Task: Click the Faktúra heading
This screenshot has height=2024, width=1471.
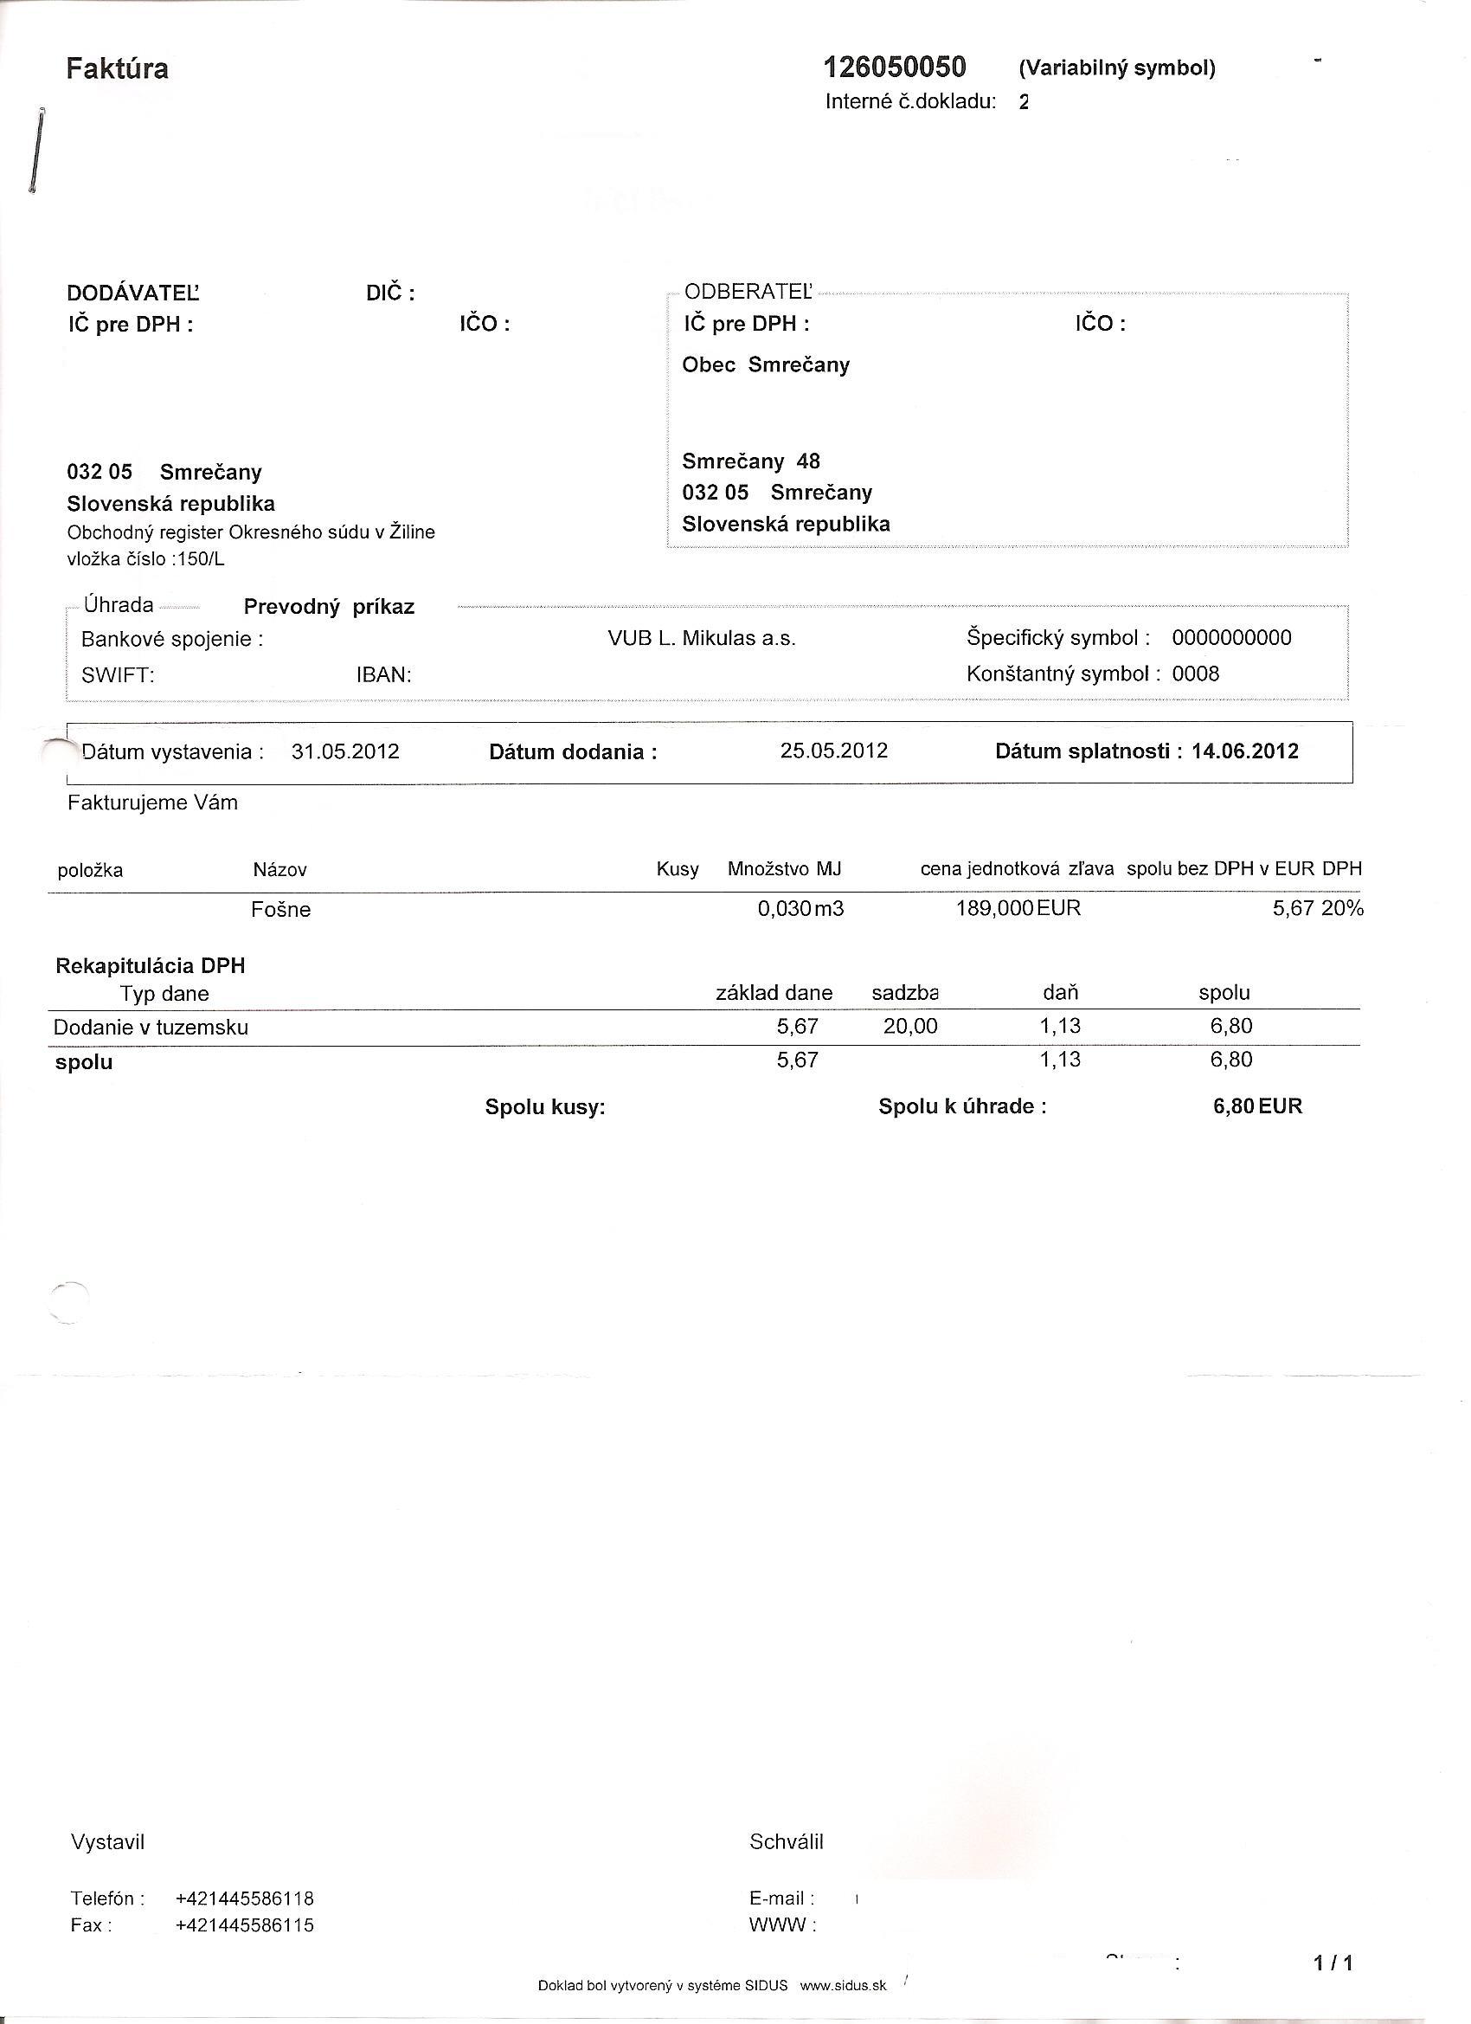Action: coord(117,68)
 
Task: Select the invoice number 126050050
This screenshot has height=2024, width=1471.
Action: coord(894,67)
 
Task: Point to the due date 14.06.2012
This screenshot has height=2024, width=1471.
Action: coord(1244,751)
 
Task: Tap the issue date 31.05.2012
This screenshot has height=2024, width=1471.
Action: coord(345,751)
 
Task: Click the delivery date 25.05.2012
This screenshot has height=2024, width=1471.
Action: coord(834,751)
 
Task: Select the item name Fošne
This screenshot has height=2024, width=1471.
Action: coord(281,909)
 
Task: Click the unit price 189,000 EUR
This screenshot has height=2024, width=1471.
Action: coord(1018,908)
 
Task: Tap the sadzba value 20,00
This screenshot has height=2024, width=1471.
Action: coord(910,1026)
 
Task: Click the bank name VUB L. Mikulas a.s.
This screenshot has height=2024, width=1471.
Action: coord(701,639)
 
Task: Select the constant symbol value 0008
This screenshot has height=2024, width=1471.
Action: coord(1195,674)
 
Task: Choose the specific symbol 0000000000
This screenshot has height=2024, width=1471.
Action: coord(1231,638)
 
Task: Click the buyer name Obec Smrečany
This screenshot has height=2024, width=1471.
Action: coord(766,365)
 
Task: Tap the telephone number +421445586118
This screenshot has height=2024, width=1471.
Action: coord(246,1898)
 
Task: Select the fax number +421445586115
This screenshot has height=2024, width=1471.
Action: coord(246,1925)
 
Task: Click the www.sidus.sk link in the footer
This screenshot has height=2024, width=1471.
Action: coord(843,1986)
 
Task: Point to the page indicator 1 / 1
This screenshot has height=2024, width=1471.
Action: coord(1333,1963)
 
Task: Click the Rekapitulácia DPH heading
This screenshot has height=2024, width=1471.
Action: coord(150,965)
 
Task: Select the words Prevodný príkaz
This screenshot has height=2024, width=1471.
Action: coord(329,608)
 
